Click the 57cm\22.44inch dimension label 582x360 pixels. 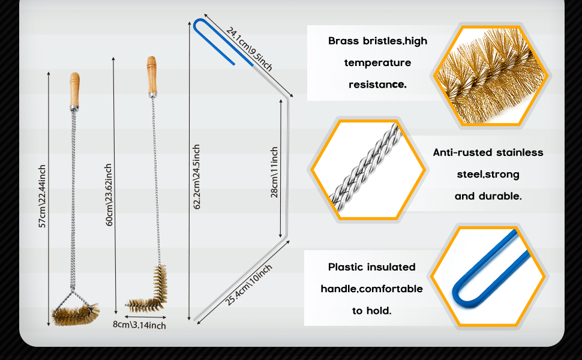pyautogui.click(x=43, y=196)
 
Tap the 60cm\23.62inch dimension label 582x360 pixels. pyautogui.click(x=109, y=195)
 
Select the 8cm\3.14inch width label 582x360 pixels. pyautogui.click(x=139, y=325)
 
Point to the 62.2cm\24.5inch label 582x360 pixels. pyautogui.click(x=197, y=176)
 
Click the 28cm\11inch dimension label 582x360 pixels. pyautogui.click(x=274, y=172)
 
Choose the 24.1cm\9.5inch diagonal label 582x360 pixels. pyautogui.click(x=249, y=49)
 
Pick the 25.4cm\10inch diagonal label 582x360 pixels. pyautogui.click(x=248, y=285)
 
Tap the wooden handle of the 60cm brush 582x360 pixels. pyautogui.click(x=151, y=76)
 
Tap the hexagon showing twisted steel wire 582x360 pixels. pyautogui.click(x=368, y=169)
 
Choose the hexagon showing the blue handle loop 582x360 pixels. pyautogui.click(x=488, y=277)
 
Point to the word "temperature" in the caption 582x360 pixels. pyautogui.click(x=377, y=63)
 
